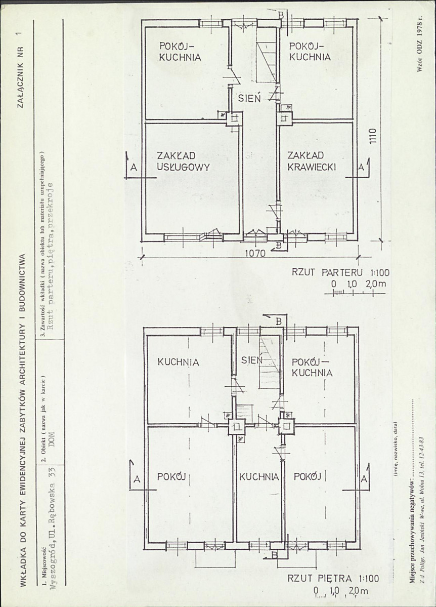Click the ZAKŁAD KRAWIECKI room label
point(312,161)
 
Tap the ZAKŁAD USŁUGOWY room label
point(183,161)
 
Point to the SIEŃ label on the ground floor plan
point(249,98)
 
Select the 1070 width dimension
point(255,254)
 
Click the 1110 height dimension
point(373,136)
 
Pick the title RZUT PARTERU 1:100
point(340,272)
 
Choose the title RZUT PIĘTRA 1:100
point(333,579)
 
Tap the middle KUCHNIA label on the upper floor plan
point(259,476)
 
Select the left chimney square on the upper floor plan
point(236,427)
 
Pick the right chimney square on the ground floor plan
point(285,118)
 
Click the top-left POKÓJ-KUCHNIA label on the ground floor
point(180,52)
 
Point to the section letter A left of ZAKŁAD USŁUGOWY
point(134,168)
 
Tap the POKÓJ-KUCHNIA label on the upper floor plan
point(312,368)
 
